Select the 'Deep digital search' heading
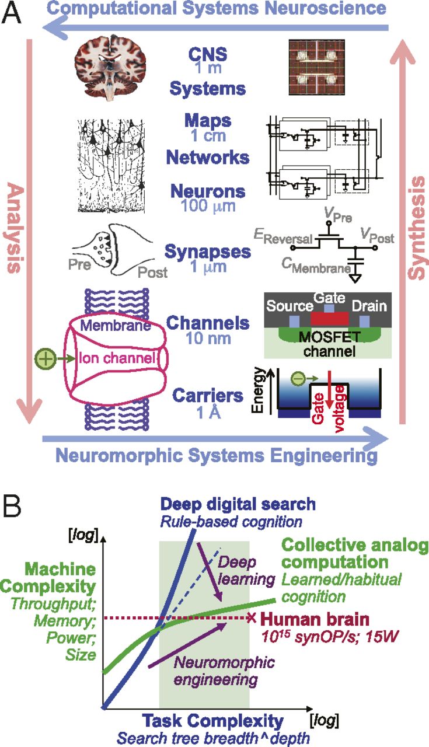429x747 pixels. point(238,504)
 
